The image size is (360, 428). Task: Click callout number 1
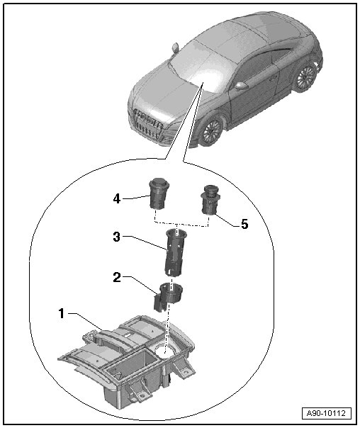point(62,313)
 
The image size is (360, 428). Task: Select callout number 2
point(116,278)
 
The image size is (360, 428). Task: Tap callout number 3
point(116,237)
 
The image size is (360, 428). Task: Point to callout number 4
point(116,198)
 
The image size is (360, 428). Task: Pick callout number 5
point(244,224)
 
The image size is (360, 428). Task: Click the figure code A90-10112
point(327,412)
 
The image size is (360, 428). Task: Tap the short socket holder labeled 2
point(167,297)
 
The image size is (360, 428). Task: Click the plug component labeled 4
point(159,193)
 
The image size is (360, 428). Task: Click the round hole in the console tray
point(164,350)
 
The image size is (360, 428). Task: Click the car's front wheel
point(210,131)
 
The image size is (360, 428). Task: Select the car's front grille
point(147,123)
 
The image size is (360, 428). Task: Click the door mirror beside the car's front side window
point(242,86)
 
